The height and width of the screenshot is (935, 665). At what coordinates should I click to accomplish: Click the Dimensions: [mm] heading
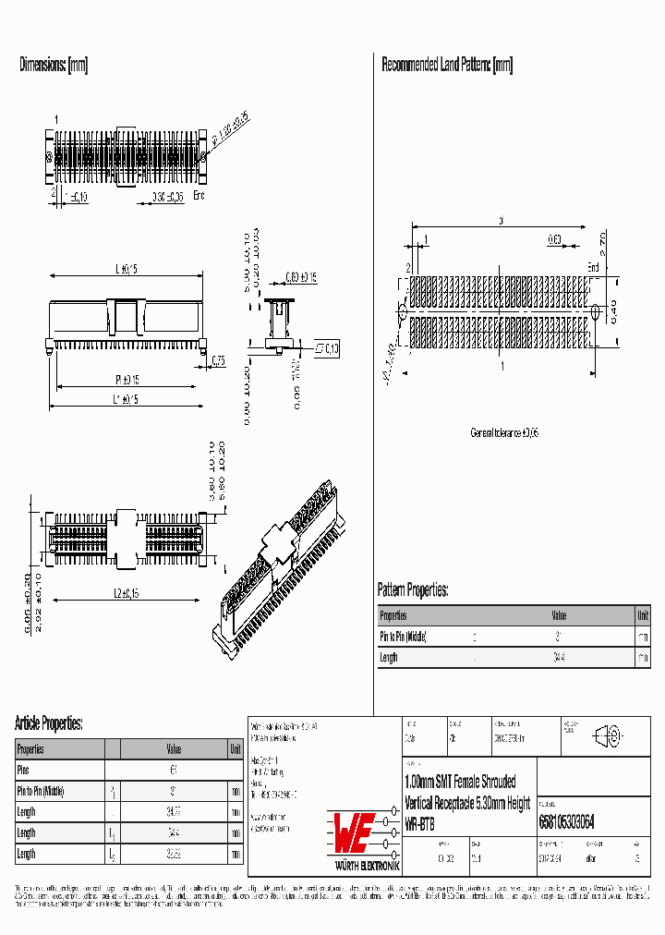click(x=54, y=65)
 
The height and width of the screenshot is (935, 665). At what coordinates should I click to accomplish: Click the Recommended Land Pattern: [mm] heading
click(x=447, y=65)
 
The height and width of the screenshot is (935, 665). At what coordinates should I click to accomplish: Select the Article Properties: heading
click(x=49, y=722)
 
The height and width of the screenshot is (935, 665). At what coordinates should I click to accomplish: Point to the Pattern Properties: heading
click(x=413, y=589)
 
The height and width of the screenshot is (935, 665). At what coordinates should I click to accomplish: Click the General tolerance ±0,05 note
click(x=504, y=432)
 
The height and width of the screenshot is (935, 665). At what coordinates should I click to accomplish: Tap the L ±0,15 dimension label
click(x=126, y=269)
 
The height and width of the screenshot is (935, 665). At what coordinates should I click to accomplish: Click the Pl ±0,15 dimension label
click(x=127, y=380)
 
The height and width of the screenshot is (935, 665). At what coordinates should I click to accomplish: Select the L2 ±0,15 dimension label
click(x=126, y=592)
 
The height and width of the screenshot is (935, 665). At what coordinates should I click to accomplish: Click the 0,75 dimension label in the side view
click(x=218, y=360)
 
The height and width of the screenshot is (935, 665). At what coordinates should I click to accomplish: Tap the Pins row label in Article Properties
click(x=24, y=769)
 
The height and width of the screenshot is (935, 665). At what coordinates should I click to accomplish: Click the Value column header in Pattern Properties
click(x=559, y=615)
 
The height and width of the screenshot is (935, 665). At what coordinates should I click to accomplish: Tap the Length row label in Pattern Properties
click(x=389, y=658)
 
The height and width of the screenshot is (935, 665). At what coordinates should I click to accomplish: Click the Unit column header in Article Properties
click(x=236, y=749)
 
